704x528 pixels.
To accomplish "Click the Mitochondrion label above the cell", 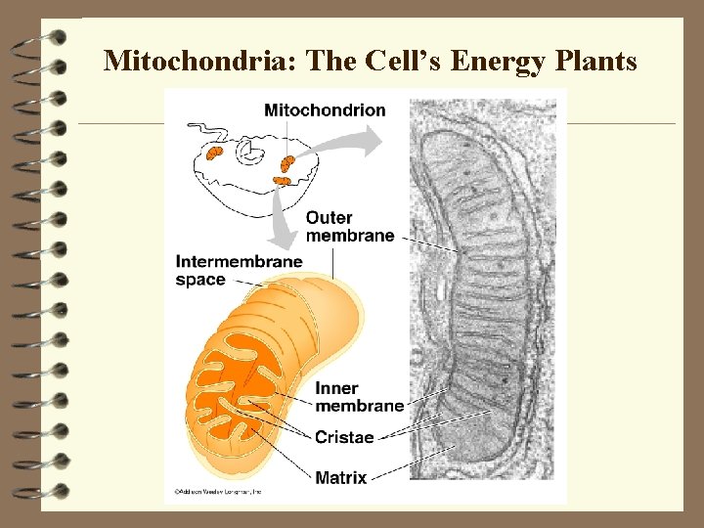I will pos(325,110).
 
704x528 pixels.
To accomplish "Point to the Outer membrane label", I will pos(349,226).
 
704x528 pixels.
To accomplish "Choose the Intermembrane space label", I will pos(239,271).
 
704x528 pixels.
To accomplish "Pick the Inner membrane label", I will pos(358,397).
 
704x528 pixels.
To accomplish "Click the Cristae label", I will pos(344,437).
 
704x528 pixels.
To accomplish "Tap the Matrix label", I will pos(340,478).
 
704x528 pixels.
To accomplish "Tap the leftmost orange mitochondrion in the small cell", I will pos(214,153).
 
